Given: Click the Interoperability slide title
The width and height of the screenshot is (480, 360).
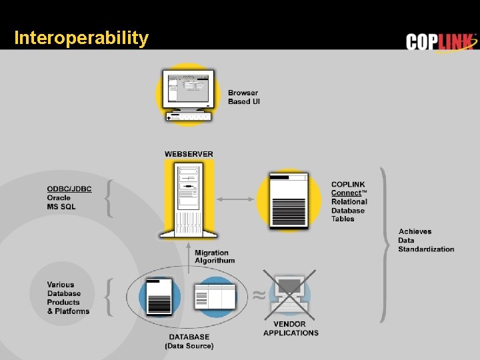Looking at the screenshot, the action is pyautogui.click(x=81, y=38).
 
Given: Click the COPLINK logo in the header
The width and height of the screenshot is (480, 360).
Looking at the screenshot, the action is pyautogui.click(x=441, y=41).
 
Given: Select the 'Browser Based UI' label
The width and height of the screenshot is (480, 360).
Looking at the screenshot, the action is pyautogui.click(x=243, y=97).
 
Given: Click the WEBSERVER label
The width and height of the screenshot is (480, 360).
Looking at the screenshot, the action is pyautogui.click(x=189, y=154).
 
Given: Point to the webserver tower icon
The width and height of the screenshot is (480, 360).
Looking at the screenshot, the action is pyautogui.click(x=189, y=199).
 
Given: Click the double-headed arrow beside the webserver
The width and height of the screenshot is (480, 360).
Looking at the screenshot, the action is pyautogui.click(x=237, y=199).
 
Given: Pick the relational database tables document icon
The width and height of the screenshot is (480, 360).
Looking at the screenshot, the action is pyautogui.click(x=289, y=200).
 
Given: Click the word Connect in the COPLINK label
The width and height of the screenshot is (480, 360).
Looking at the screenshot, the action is pyautogui.click(x=347, y=193).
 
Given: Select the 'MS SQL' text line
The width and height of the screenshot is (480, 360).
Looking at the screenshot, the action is pyautogui.click(x=61, y=207).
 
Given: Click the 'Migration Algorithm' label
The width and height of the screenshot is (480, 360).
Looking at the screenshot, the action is pyautogui.click(x=215, y=257).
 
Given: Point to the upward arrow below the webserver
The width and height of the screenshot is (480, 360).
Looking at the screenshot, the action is pyautogui.click(x=189, y=253).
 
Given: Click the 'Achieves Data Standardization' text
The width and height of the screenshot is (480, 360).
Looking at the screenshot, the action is pyautogui.click(x=426, y=241).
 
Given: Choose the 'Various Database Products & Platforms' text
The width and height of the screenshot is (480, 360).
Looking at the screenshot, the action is pyautogui.click(x=68, y=298).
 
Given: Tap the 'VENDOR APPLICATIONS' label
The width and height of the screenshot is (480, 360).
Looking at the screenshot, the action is pyautogui.click(x=291, y=329).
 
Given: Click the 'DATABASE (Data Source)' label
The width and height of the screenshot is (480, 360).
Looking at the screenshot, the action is pyautogui.click(x=189, y=341).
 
